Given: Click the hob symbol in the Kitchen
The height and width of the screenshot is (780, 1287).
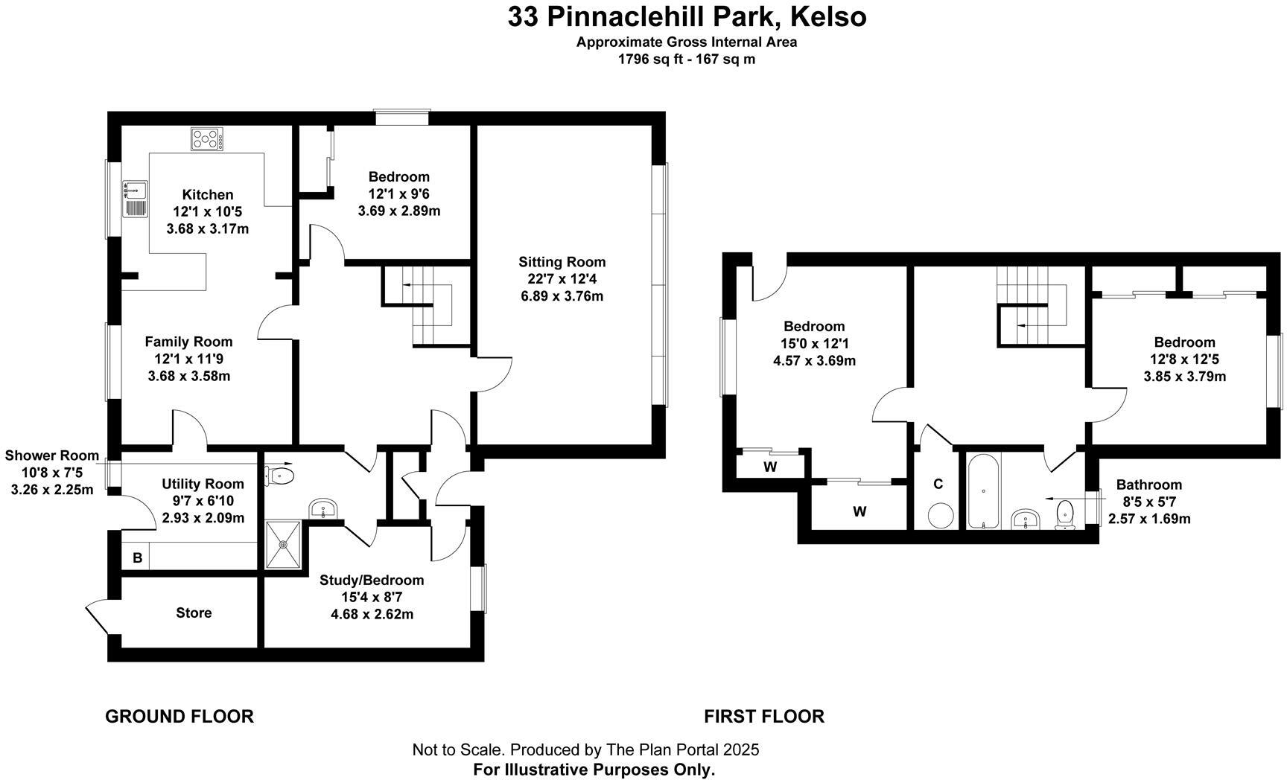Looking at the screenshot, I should pyautogui.click(x=208, y=139).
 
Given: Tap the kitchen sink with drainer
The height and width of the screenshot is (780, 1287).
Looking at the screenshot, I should pyautogui.click(x=136, y=199).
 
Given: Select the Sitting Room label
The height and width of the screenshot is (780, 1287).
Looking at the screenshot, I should pyautogui.click(x=562, y=262).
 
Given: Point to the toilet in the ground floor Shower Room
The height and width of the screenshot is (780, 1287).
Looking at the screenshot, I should pyautogui.click(x=282, y=475).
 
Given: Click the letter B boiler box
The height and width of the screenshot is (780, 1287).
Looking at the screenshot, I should pyautogui.click(x=137, y=557).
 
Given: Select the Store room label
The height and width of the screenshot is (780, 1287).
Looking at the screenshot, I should pyautogui.click(x=194, y=613).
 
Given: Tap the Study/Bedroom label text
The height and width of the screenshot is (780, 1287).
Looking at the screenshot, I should pyautogui.click(x=372, y=580).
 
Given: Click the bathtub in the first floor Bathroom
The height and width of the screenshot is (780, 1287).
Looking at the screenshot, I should pyautogui.click(x=984, y=491).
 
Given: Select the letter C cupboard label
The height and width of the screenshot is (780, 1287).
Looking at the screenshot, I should pyautogui.click(x=938, y=484).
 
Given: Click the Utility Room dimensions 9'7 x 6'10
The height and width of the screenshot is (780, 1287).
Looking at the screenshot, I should pyautogui.click(x=203, y=501).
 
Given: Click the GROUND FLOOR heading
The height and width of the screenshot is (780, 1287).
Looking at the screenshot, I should pyautogui.click(x=179, y=716).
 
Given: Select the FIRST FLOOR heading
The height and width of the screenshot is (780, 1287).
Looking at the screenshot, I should pyautogui.click(x=763, y=716).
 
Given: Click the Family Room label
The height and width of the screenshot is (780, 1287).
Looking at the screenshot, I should pyautogui.click(x=188, y=342).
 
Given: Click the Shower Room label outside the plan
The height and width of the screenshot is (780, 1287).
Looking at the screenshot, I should pyautogui.click(x=52, y=455).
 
